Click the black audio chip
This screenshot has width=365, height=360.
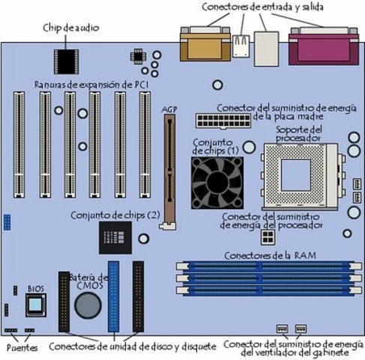pyautogui.click(x=66, y=61)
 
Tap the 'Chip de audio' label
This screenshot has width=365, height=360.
pyautogui.click(x=71, y=28)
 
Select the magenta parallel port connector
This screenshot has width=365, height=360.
pyautogui.click(x=324, y=46)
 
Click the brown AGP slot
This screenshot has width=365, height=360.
pyautogui.click(x=169, y=172)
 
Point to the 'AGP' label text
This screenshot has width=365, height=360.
pyautogui.click(x=169, y=109)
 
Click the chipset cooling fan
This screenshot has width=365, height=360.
pyautogui.click(x=217, y=183)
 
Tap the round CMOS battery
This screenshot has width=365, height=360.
pyautogui.click(x=88, y=305)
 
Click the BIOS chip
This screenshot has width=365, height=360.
pyautogui.click(x=36, y=305)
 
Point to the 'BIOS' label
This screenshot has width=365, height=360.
pyautogui.click(x=36, y=289)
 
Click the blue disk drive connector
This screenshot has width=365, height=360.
pyautogui.click(x=113, y=296)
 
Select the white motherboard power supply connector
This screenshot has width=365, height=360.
pyautogui.click(x=223, y=121)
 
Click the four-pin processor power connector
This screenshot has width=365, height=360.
pyautogui.click(x=268, y=237)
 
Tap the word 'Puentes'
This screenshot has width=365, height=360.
pyautogui.click(x=22, y=348)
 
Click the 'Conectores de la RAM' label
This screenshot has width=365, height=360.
pyautogui.click(x=270, y=256)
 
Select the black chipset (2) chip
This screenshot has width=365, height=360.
pyautogui.click(x=115, y=238)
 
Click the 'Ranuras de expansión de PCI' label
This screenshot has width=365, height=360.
pyautogui.click(x=91, y=85)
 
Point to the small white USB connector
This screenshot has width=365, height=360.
pyautogui.click(x=241, y=46)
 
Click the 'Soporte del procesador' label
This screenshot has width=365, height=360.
pyautogui.click(x=299, y=133)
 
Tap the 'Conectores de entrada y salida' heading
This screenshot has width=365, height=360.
pyautogui.click(x=262, y=7)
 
